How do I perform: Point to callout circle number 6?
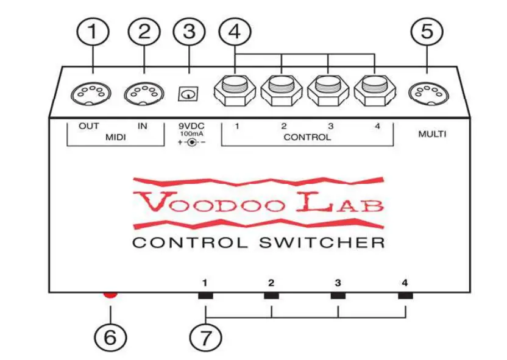110,337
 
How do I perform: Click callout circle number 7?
207,337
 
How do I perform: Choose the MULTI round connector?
426,94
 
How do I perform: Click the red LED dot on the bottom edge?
110,295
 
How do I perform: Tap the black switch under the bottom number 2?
271,296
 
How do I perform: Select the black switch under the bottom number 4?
405,296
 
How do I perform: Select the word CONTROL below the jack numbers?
307,138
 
